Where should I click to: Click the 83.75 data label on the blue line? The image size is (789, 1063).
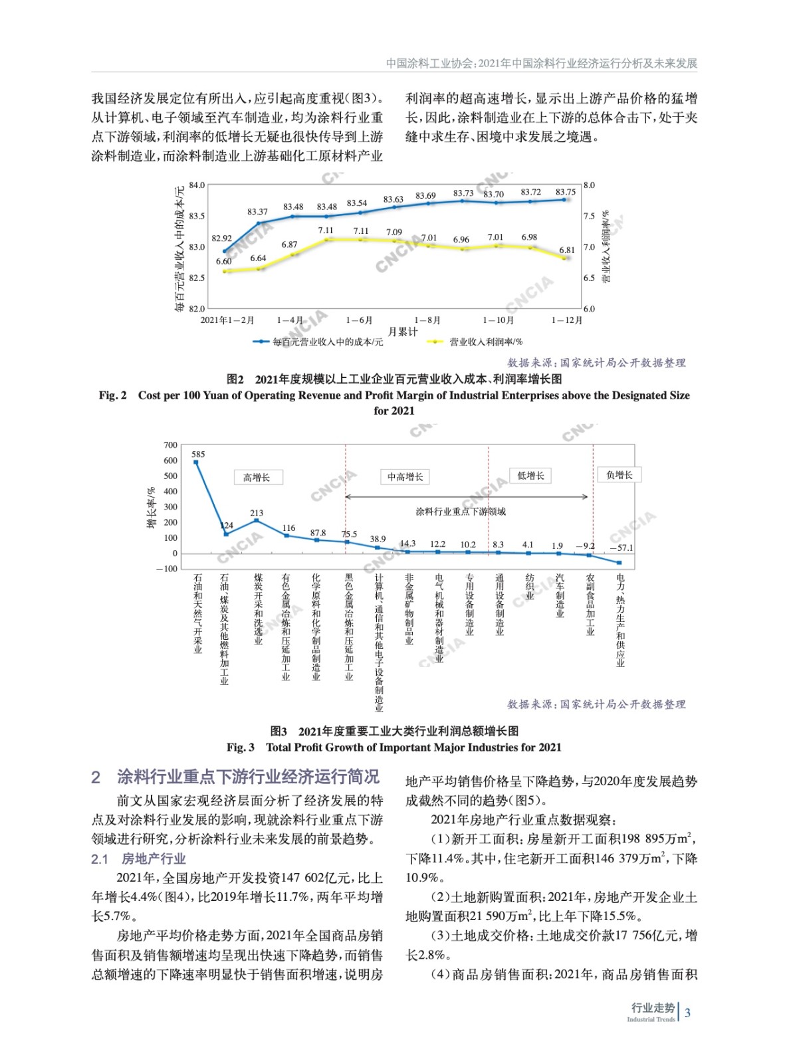coord(566,192)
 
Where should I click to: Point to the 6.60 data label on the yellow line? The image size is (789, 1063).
coord(223,261)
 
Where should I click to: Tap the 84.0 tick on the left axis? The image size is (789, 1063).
coord(197,185)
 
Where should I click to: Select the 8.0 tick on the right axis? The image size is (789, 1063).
coord(589,185)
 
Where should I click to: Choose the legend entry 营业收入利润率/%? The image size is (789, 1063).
coord(486,341)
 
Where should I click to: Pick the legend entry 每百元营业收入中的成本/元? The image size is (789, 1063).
coord(328,341)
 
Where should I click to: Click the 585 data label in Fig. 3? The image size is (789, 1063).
coord(198,454)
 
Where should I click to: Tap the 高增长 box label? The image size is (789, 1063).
coord(257,477)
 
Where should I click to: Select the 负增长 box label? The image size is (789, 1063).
coord(619,475)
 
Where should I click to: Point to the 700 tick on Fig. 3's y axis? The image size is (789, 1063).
coord(170,445)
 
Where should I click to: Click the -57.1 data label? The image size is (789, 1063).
coord(621,548)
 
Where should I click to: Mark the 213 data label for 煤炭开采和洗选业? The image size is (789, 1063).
coord(257,513)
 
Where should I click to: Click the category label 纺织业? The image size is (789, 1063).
coord(530,587)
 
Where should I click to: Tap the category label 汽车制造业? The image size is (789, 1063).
coord(560,596)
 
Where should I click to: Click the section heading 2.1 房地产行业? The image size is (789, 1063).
coord(138,859)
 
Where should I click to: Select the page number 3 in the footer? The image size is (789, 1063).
coord(687,1013)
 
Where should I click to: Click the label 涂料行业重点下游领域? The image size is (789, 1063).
coord(461,512)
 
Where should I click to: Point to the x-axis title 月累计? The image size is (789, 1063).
coord(403,332)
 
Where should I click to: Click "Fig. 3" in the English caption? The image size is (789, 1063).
coord(240,747)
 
